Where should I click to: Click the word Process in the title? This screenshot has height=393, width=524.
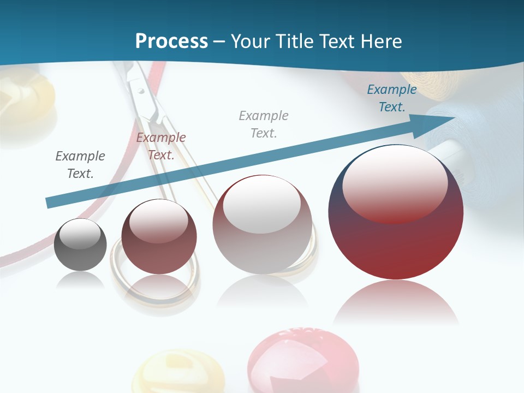coord(171,41)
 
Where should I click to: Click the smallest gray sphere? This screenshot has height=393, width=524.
coord(80,245)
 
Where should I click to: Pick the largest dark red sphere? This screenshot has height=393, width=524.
coord(396,212)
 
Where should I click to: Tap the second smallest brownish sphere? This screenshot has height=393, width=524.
coord(159,236)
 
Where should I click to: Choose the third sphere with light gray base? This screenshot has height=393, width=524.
coord(263,224)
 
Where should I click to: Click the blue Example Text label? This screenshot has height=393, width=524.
coord(391,98)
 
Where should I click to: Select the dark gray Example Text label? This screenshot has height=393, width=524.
coord(80,165)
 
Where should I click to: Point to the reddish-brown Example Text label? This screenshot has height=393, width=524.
coord(161,146)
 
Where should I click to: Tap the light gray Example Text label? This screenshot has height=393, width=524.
coord(264,124)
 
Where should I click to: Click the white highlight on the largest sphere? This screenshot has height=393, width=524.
coord(395,183)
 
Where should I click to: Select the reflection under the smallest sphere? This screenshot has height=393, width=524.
coord(80,279)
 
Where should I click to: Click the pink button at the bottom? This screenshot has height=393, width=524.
coord(303,360)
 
